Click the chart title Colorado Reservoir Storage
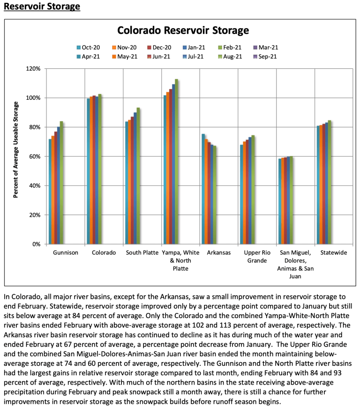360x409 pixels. [x=182, y=31]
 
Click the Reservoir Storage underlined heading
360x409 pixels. [x=42, y=7]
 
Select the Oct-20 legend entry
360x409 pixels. [x=89, y=47]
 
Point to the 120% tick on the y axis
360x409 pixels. [x=34, y=69]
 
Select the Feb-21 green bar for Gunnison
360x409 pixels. [x=61, y=183]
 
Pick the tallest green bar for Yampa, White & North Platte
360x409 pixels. [x=177, y=162]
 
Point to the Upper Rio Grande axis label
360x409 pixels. [x=257, y=257]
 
